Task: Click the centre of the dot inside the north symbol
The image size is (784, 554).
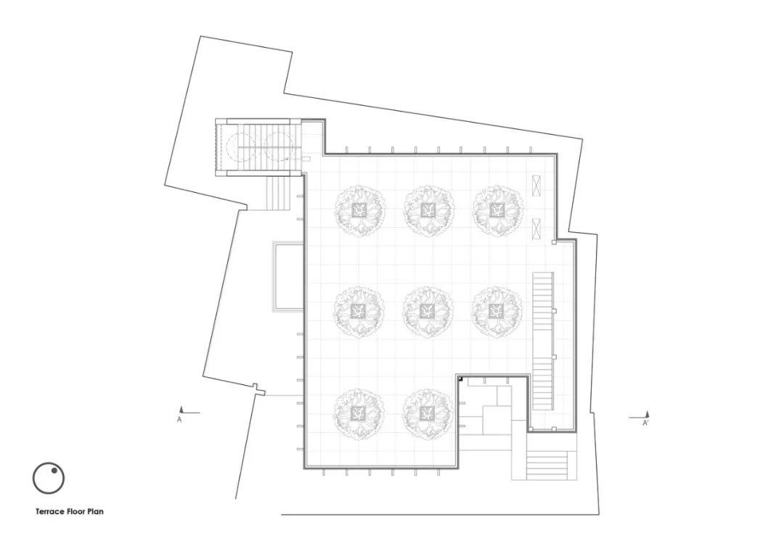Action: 54,471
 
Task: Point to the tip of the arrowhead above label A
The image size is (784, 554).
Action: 182,408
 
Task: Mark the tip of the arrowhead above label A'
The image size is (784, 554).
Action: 647,412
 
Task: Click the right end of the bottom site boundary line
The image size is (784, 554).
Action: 598,515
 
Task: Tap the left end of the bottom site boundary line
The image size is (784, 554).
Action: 282,515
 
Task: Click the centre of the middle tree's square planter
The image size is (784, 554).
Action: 427,312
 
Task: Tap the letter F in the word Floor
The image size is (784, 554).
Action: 70,511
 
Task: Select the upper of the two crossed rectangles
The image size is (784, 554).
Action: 536,186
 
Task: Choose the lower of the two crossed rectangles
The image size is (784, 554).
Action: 536,228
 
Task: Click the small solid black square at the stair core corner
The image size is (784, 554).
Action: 460,380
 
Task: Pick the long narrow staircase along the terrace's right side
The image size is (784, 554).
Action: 542,342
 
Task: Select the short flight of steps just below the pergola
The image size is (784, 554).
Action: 279,194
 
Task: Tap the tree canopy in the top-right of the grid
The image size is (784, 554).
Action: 498,210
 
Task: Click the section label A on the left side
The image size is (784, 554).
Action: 179,420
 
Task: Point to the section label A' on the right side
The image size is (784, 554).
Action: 645,423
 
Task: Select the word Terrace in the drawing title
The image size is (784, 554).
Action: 51,511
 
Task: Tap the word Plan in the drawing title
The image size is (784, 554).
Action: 97,511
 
